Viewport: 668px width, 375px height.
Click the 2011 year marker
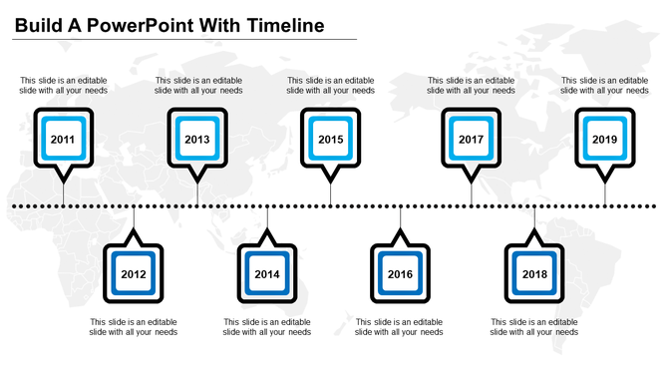click(63, 140)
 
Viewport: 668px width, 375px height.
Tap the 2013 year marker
click(196, 140)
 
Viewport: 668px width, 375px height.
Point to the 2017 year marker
click(471, 140)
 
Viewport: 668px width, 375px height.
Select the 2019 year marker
click(604, 140)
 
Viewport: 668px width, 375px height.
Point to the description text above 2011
click(64, 85)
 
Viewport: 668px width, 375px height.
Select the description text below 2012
click(134, 327)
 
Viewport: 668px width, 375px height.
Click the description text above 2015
click(331, 85)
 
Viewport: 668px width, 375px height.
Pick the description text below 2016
click(400, 327)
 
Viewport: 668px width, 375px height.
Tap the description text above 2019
click(604, 85)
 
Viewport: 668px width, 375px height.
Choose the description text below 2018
click(534, 327)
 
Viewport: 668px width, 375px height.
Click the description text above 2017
click(471, 85)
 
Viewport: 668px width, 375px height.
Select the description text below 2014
click(267, 327)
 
